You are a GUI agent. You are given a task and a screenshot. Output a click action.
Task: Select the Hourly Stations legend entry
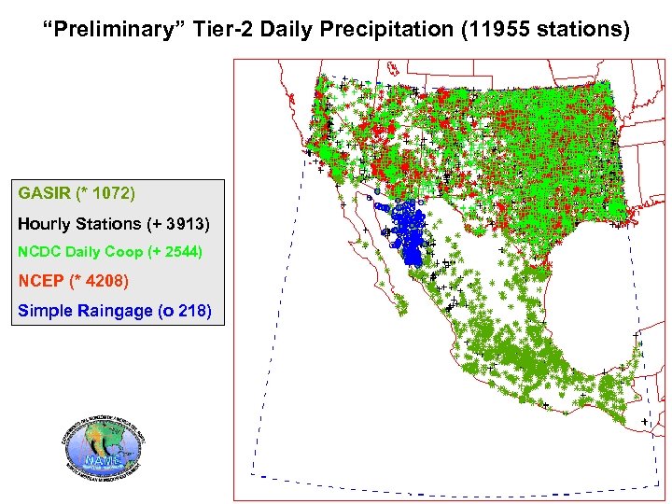point(78,224)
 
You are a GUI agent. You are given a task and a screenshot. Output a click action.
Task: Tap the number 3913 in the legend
point(184,224)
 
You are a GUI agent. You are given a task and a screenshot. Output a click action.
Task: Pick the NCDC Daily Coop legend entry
point(77,252)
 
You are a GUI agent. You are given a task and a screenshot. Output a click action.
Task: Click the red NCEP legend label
point(39,281)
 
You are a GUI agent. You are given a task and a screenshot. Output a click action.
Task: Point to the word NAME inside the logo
point(101,460)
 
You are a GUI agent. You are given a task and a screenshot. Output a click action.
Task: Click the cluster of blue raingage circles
point(408,233)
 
